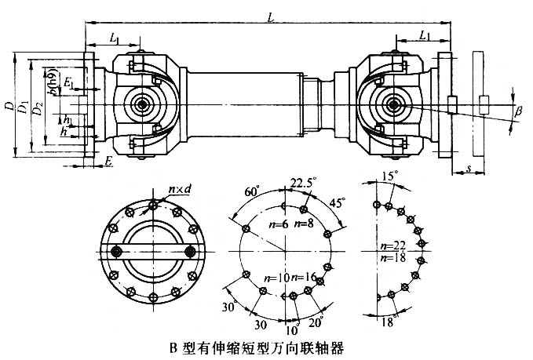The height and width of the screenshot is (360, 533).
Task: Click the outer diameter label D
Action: click(x=8, y=104)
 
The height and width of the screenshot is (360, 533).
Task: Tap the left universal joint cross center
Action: click(x=143, y=104)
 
